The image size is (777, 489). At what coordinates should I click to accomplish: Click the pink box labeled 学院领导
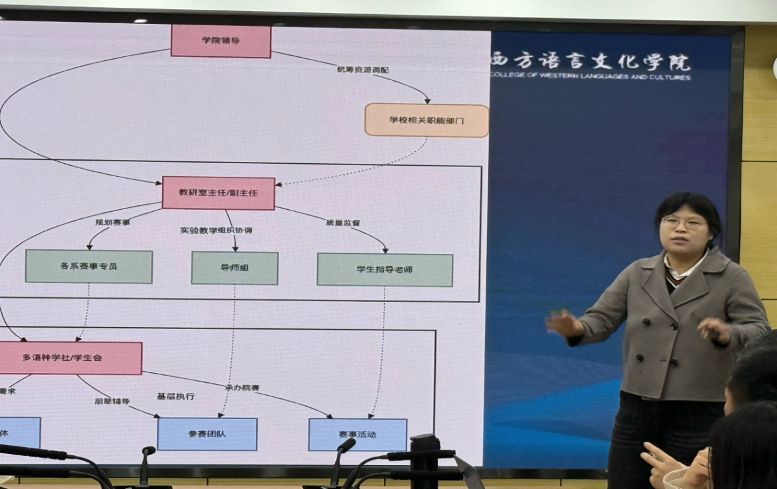click(221, 41)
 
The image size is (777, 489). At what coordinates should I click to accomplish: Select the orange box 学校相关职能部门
click(426, 120)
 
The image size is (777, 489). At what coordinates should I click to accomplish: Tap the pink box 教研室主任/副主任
click(218, 193)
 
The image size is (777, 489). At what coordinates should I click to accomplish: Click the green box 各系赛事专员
click(89, 266)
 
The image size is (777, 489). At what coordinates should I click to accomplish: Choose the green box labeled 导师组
click(234, 268)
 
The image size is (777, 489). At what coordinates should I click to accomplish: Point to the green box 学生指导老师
click(385, 269)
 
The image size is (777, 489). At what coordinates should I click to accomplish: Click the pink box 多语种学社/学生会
click(70, 358)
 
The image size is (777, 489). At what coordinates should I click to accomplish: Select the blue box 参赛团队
click(207, 434)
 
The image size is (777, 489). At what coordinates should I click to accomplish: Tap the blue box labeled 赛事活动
click(357, 434)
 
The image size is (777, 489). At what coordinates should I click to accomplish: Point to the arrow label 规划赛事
click(113, 222)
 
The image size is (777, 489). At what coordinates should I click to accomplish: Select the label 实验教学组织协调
click(216, 231)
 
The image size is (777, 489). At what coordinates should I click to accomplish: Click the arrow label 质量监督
click(343, 222)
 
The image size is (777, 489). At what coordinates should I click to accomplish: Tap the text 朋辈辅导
click(112, 401)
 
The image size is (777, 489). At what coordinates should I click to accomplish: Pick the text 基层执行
click(175, 396)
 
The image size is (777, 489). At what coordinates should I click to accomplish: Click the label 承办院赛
click(242, 387)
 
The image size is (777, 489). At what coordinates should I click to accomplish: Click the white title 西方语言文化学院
click(590, 62)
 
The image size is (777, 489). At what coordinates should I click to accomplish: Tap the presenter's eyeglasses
click(684, 222)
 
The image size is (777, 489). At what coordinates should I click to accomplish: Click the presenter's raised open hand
click(563, 323)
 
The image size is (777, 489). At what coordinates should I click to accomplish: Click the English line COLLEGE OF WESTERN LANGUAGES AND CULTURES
click(590, 76)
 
